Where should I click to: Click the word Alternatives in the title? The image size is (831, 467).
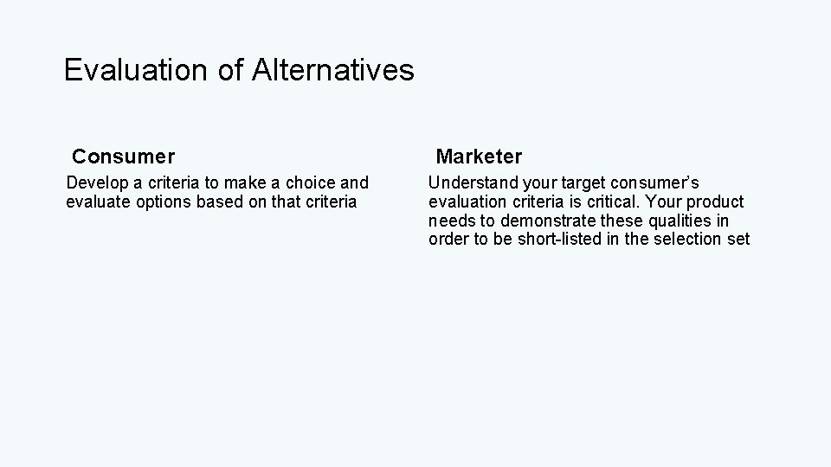pyautogui.click(x=333, y=70)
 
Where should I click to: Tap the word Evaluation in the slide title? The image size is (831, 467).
pyautogui.click(x=138, y=70)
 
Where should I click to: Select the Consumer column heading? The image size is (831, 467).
pyautogui.click(x=123, y=157)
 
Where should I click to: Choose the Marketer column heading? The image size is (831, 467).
pyautogui.click(x=479, y=157)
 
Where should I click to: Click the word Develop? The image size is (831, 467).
pyautogui.click(x=95, y=183)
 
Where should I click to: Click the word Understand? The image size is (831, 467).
pyautogui.click(x=471, y=183)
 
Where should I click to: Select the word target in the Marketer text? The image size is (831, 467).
pyautogui.click(x=581, y=183)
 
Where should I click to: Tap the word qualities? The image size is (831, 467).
pyautogui.click(x=679, y=221)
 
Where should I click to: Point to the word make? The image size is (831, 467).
pyautogui.click(x=245, y=183)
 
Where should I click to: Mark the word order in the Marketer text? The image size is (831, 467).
pyautogui.click(x=448, y=240)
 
